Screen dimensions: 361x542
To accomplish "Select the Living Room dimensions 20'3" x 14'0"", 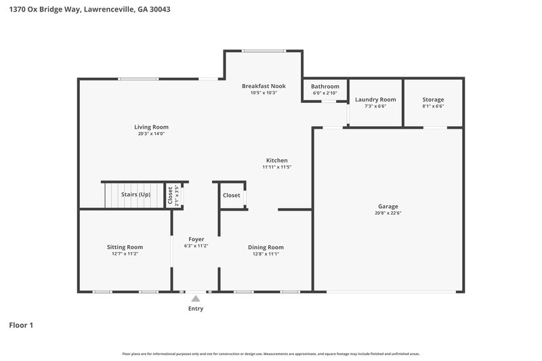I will pyautogui.click(x=150, y=134).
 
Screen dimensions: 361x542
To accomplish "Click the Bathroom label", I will pyautogui.click(x=325, y=87).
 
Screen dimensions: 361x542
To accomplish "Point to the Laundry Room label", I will pyautogui.click(x=375, y=100).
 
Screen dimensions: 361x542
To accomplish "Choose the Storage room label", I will pyautogui.click(x=433, y=100).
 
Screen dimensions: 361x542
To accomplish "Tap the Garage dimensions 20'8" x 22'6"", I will pyautogui.click(x=388, y=213).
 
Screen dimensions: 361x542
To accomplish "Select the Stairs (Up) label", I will pyautogui.click(x=135, y=194).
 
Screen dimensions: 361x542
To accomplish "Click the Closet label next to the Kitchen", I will pyautogui.click(x=231, y=195).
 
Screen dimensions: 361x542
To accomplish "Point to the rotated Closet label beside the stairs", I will pyautogui.click(x=170, y=195).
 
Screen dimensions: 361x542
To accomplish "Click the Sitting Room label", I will pyautogui.click(x=125, y=247).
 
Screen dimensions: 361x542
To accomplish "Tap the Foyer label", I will pyautogui.click(x=196, y=239).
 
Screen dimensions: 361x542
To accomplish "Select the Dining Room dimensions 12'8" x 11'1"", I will pyautogui.click(x=266, y=255).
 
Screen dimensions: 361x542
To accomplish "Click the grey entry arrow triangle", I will pyautogui.click(x=196, y=298).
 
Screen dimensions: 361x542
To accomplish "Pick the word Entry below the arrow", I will pyautogui.click(x=196, y=309).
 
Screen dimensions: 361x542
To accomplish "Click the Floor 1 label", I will pyautogui.click(x=21, y=325).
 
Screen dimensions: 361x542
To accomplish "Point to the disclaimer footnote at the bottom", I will pyautogui.click(x=270, y=354).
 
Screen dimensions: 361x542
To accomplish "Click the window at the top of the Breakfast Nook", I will pyautogui.click(x=264, y=51).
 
